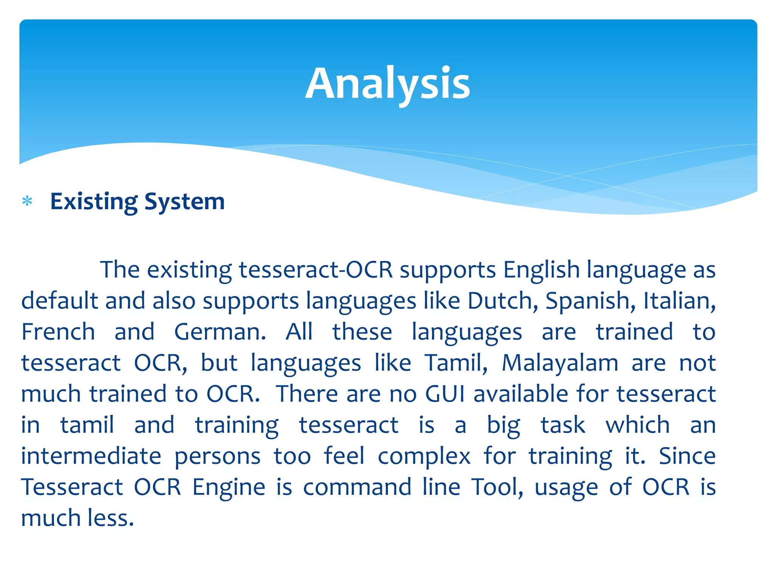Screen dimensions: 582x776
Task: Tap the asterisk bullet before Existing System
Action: click(x=27, y=201)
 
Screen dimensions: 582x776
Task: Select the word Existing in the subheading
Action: click(x=94, y=202)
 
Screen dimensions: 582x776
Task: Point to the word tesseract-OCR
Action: click(x=316, y=270)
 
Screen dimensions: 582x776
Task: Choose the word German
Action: click(x=220, y=332)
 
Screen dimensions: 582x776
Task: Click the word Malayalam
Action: click(x=560, y=363)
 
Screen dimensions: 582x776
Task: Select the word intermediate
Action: click(x=91, y=456)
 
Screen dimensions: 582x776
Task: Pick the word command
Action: click(x=357, y=487)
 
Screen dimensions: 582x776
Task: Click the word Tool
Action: click(x=497, y=487)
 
